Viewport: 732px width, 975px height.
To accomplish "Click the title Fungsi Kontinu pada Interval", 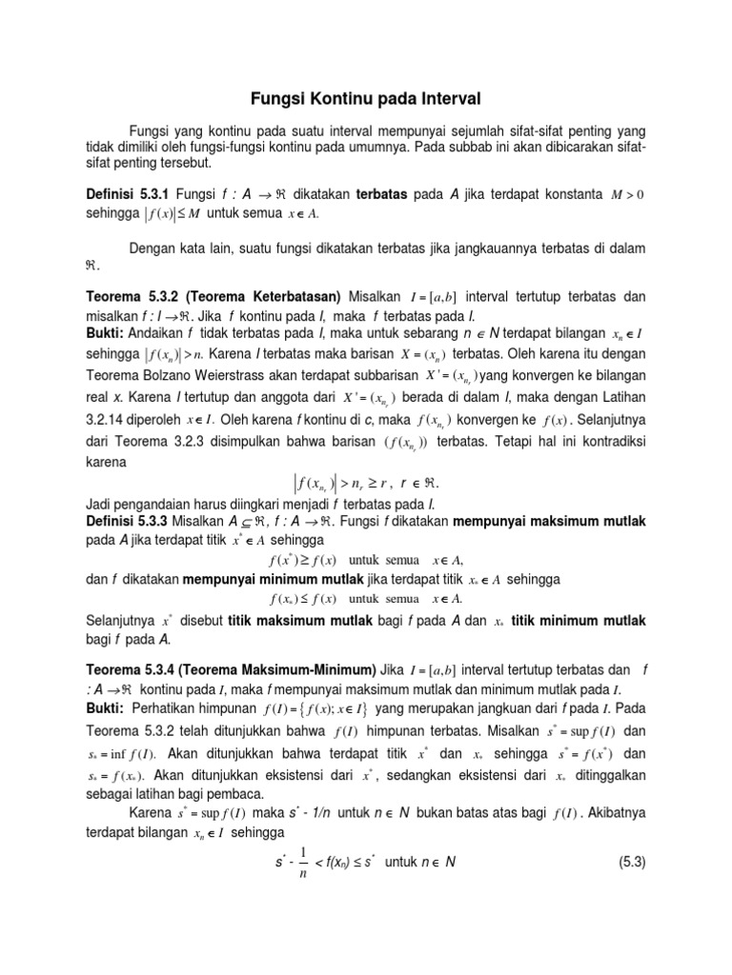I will coord(366,98).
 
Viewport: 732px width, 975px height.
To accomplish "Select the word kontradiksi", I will coord(611,440).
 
